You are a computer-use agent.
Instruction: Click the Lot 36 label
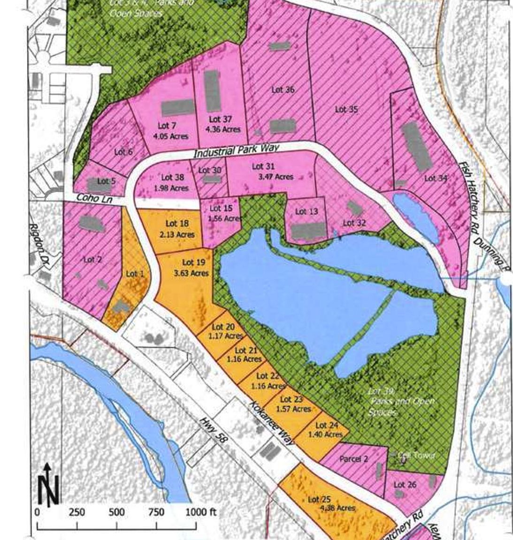(283, 90)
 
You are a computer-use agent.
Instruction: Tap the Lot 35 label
(346, 109)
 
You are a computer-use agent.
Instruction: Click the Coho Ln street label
(90, 198)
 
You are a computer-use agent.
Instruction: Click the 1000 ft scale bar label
(201, 512)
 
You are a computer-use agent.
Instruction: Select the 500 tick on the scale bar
(116, 512)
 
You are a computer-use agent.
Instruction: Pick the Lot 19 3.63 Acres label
(194, 268)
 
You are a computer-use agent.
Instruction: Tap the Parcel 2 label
(353, 459)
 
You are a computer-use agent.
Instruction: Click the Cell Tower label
(416, 455)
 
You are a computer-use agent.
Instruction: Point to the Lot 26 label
(405, 485)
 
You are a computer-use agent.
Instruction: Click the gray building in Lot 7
(178, 108)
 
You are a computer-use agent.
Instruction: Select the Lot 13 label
(306, 212)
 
